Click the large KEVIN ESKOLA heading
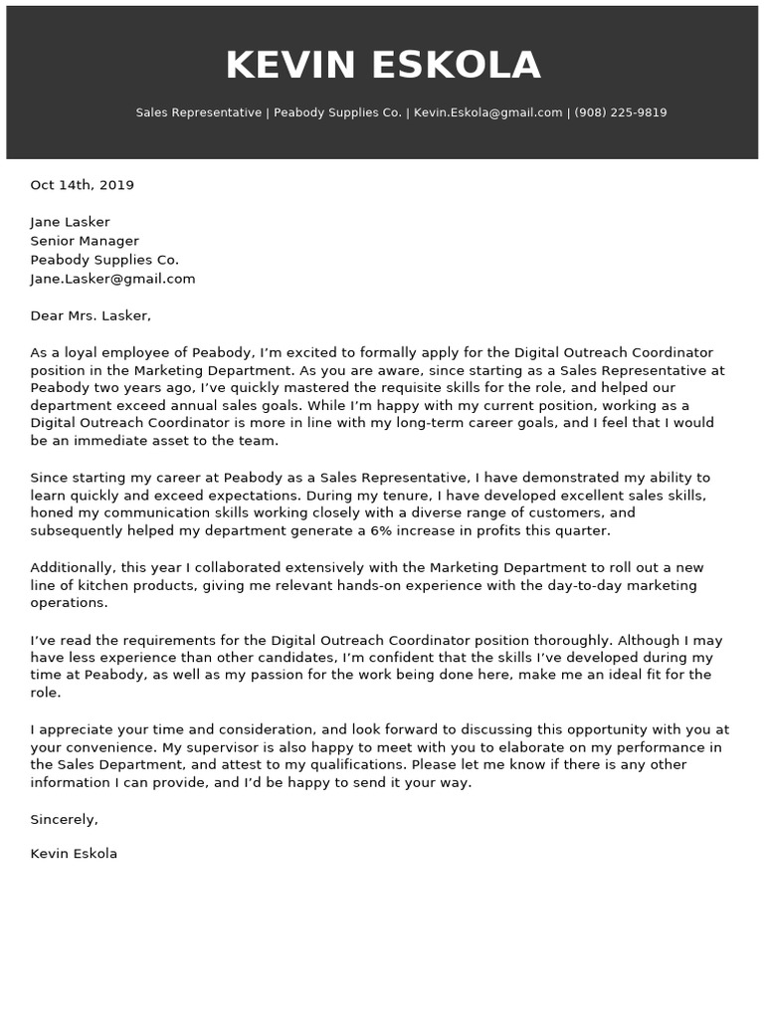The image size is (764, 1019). point(382,66)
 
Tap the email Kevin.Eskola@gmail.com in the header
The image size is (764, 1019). point(487,112)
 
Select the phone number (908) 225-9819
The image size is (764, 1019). point(621,112)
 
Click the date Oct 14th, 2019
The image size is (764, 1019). point(82,185)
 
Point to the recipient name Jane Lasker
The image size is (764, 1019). point(70,222)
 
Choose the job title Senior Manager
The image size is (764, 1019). point(85,241)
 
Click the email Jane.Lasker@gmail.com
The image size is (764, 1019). point(112,279)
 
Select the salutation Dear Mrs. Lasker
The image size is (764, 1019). point(91,315)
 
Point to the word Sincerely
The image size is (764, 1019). point(64,820)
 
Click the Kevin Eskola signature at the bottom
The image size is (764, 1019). point(74,854)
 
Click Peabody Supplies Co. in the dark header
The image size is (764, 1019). point(337,112)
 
